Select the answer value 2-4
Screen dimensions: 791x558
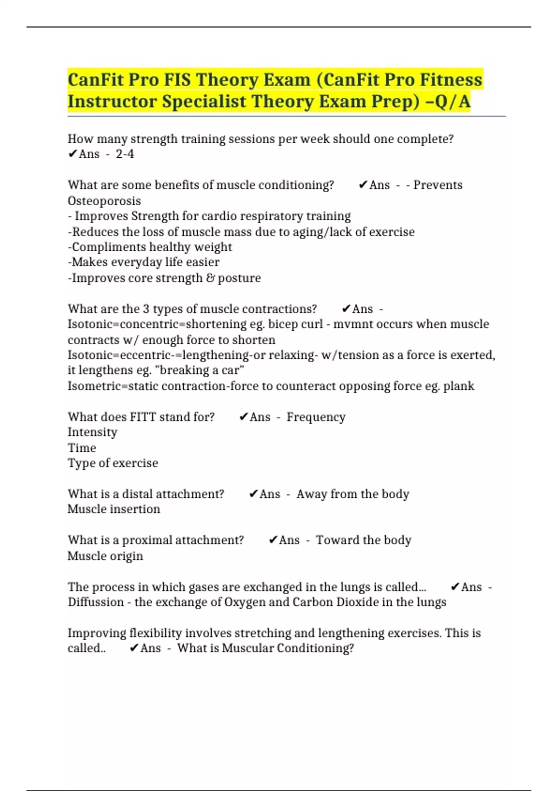(125, 154)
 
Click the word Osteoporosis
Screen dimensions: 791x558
(104, 201)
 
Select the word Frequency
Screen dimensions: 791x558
(316, 417)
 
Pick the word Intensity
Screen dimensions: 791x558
(93, 432)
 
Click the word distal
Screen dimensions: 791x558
(134, 494)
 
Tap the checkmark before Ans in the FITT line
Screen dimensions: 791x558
(244, 417)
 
